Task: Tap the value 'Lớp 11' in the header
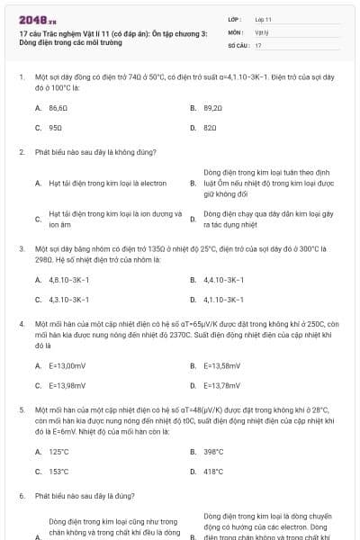tap(263, 19)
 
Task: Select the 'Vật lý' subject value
tap(262, 31)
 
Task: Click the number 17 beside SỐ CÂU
tap(258, 44)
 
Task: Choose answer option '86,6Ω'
tap(58, 108)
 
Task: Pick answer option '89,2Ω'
tap(212, 108)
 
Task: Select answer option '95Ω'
tap(55, 129)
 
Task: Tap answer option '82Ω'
tap(210, 129)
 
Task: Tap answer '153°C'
tap(59, 471)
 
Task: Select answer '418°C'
tap(213, 471)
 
